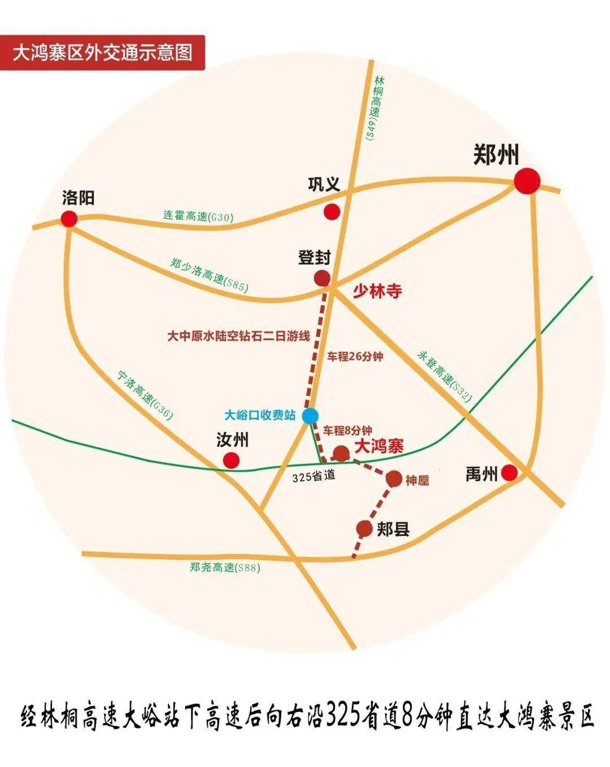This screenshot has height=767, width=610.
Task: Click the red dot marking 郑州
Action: [527, 181]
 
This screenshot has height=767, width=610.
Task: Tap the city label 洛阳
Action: [79, 198]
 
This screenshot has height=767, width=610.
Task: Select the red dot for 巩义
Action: [332, 212]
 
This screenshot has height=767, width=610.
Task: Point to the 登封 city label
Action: [315, 257]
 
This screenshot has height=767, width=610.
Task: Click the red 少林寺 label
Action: [377, 291]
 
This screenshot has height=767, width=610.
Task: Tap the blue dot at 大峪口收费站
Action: [310, 416]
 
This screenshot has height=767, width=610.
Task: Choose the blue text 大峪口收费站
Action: [260, 415]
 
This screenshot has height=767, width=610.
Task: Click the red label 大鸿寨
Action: [378, 446]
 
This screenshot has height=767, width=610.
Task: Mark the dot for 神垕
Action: [394, 479]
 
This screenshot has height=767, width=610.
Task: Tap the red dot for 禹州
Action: [510, 472]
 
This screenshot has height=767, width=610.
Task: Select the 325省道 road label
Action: [314, 476]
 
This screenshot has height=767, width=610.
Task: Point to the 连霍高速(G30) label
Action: [198, 216]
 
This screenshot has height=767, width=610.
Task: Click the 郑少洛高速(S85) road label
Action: [209, 274]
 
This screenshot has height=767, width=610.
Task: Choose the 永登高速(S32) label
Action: [445, 376]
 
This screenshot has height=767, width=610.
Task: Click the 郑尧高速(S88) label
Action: [225, 568]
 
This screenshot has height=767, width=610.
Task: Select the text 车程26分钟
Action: [355, 356]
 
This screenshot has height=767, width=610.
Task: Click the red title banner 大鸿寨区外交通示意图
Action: [102, 53]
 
